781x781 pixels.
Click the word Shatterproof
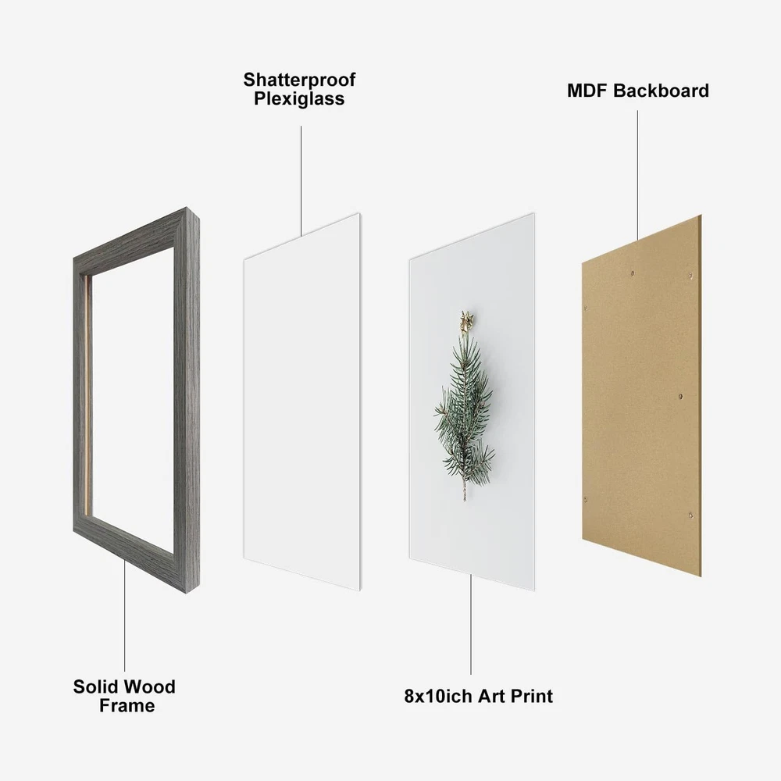point(299,80)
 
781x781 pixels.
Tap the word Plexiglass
point(299,98)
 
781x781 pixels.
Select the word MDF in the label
point(587,91)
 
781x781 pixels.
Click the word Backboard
point(661,91)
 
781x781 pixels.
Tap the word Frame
point(127,706)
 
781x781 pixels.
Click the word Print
point(531,696)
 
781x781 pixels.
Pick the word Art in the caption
point(491,696)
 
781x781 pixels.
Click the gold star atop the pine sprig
point(466,321)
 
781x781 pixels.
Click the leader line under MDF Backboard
point(637,175)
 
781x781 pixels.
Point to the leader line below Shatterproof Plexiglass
point(301,181)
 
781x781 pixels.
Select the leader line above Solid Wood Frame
point(124,615)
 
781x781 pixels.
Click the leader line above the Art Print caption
point(471,625)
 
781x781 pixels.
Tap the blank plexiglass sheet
point(302,401)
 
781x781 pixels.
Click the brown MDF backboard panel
point(641,396)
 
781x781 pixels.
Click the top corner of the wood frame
point(187,207)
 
